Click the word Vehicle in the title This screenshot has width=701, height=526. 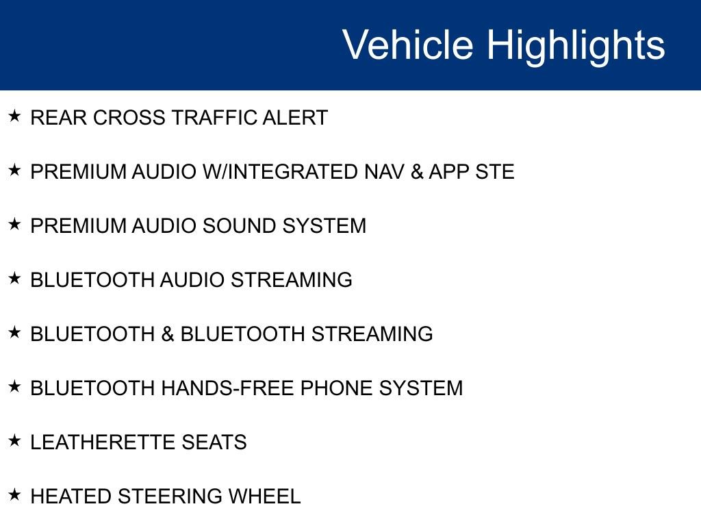pos(407,45)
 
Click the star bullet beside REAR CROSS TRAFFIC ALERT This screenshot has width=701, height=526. pos(15,116)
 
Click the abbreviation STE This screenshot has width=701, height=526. pos(494,172)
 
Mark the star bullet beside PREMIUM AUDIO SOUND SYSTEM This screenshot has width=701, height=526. pos(15,225)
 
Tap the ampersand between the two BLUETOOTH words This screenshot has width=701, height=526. pos(168,334)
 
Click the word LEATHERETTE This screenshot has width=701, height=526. pos(103,442)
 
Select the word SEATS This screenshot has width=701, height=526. pos(214,442)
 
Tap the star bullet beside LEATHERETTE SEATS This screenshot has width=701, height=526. pos(15,441)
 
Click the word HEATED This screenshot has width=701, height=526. pos(71,497)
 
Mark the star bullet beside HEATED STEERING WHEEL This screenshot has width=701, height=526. pos(15,495)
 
